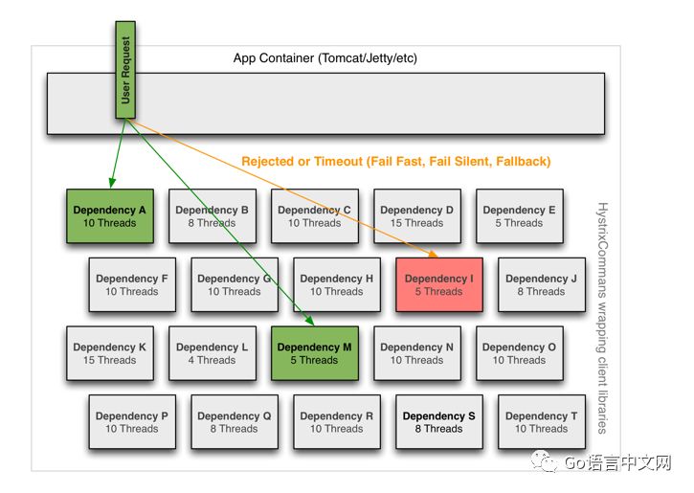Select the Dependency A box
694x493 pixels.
[110, 216]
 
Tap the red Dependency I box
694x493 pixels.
[439, 285]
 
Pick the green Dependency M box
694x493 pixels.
[315, 354]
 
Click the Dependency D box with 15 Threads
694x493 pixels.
[417, 216]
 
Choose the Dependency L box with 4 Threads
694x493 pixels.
[213, 354]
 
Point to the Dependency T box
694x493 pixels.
[542, 422]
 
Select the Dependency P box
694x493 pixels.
[132, 422]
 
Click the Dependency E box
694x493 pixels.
[520, 216]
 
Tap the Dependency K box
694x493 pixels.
[110, 354]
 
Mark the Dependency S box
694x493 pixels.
[439, 422]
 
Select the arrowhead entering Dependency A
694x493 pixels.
[112, 182]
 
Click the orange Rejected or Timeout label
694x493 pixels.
[396, 162]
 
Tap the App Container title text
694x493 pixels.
[325, 58]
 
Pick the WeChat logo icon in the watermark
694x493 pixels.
[547, 463]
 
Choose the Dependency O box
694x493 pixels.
[520, 354]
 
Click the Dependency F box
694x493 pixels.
[132, 285]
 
